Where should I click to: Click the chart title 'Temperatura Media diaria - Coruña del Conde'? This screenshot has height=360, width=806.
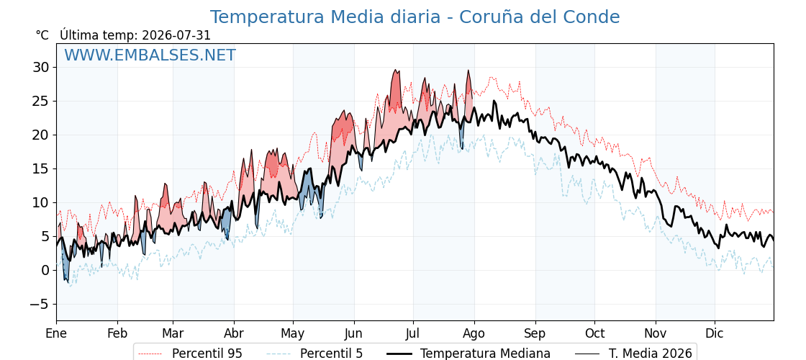pos(415,17)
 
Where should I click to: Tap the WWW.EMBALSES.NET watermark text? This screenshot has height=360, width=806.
pos(150,55)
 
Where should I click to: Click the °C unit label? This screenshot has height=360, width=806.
pos(42,35)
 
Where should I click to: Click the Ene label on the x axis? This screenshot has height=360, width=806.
pos(56,333)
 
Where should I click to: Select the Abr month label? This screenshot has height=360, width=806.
pos(234,333)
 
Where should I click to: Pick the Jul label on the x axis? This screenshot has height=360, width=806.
pos(413,333)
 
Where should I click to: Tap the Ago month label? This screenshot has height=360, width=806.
pos(474,333)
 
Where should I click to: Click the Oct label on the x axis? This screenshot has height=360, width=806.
pos(594,333)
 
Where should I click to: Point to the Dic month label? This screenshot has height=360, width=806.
pos(715,333)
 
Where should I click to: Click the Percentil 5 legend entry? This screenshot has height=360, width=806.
pos(315,354)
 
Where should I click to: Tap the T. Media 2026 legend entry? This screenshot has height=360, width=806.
pos(634,354)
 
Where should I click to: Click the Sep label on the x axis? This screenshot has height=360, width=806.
pos(535,333)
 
